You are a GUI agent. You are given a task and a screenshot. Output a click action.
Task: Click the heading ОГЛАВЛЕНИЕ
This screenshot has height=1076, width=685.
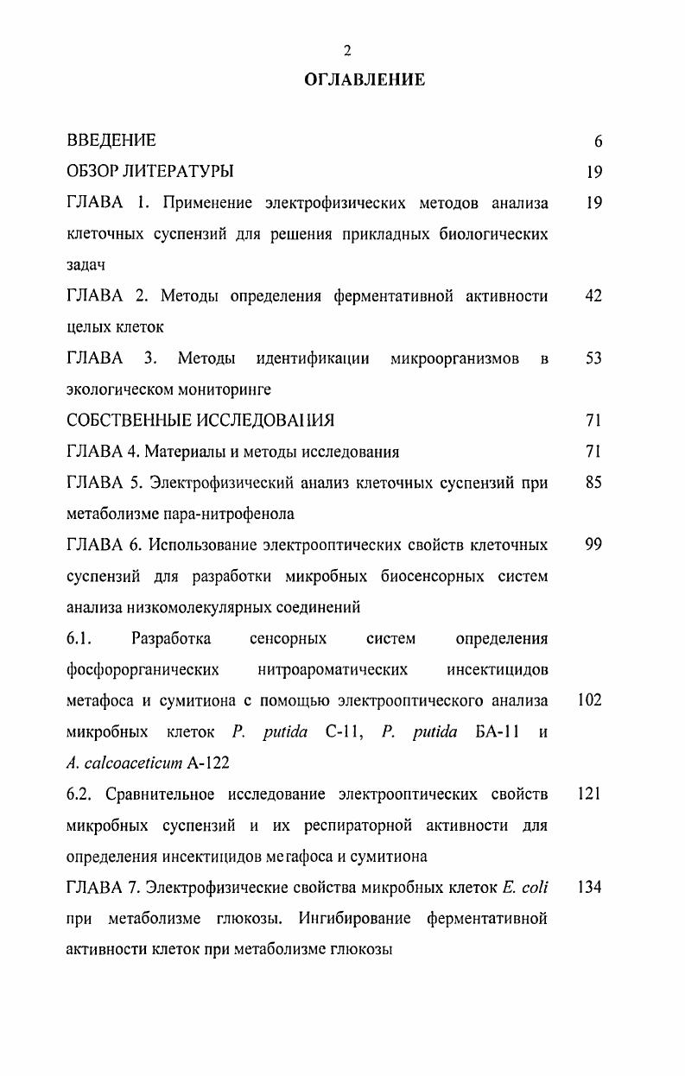point(365,79)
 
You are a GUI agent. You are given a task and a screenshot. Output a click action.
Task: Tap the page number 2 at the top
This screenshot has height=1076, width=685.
point(347,51)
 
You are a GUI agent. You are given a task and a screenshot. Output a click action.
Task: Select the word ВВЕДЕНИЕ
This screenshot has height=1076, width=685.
point(111,141)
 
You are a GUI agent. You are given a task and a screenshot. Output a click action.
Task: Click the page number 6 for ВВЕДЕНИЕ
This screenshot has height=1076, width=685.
point(598,142)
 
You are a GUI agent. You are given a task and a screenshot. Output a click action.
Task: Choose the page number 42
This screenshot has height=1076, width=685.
point(593,296)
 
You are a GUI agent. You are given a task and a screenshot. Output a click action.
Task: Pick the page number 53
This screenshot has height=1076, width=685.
point(593,358)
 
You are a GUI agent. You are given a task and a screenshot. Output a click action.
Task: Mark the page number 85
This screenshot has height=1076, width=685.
point(593,483)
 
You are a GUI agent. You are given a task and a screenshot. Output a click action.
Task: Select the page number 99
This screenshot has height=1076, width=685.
point(593,545)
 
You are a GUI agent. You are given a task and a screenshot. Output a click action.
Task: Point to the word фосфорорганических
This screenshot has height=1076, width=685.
point(142,670)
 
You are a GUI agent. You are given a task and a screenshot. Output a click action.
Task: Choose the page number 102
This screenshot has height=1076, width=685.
point(589,701)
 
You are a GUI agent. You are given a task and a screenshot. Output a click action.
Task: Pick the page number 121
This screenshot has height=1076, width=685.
point(589,794)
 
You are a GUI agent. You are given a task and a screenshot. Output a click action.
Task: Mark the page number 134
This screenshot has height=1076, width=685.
point(589,888)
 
